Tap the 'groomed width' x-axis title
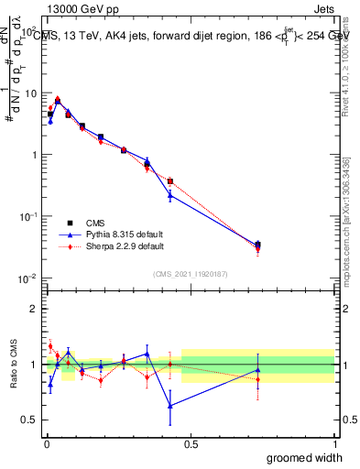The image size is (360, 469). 307,456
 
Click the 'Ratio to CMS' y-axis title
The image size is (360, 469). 14,364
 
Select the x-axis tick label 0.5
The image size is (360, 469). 191,443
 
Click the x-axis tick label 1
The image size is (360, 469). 334,443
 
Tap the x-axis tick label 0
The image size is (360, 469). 47,443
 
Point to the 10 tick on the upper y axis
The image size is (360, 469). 30,93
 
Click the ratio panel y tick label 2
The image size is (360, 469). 34,309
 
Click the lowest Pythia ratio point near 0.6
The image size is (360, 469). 170,406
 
